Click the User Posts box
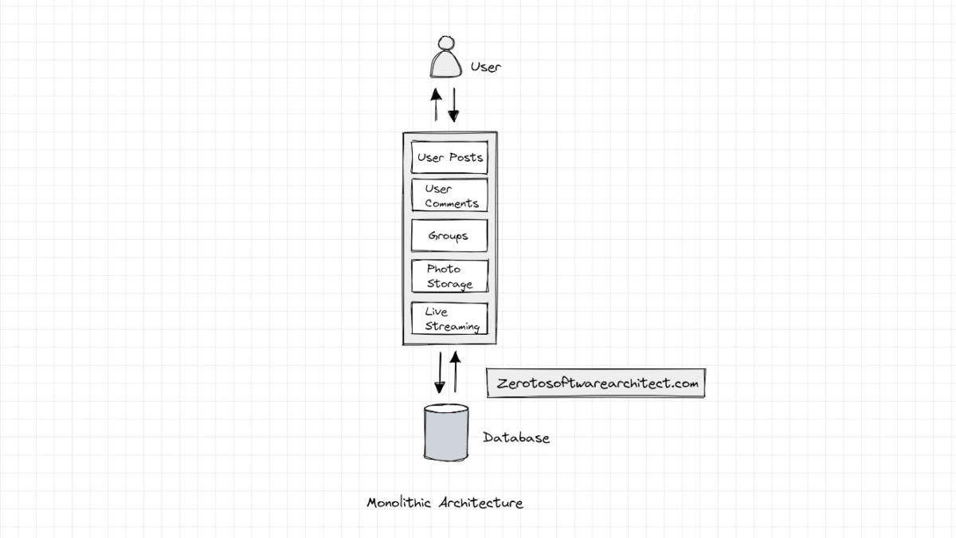[449, 157]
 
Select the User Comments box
[449, 195]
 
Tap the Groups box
[449, 236]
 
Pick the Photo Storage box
[449, 276]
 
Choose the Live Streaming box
[449, 318]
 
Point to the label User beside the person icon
[485, 67]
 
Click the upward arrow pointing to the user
[436, 104]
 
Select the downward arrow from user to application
[453, 104]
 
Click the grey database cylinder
[446, 432]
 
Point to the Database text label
[516, 438]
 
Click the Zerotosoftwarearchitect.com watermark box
[596, 383]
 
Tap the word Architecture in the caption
[480, 503]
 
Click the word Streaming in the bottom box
[453, 327]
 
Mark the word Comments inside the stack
[452, 203]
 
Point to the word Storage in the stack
[449, 285]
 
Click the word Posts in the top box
[466, 157]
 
